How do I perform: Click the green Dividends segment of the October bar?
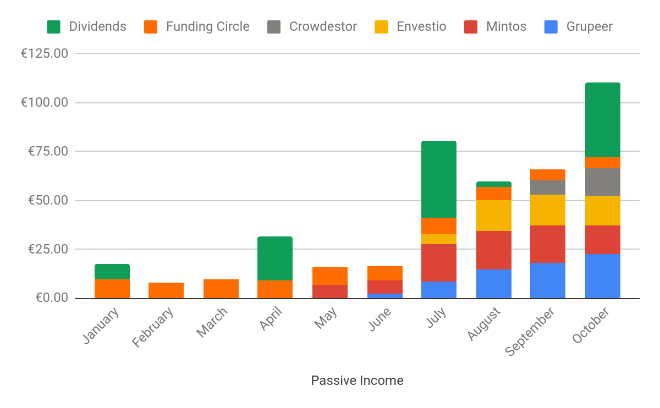click(603, 120)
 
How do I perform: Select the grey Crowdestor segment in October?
click(603, 181)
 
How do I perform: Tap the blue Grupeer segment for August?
click(494, 284)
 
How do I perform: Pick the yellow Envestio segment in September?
click(548, 210)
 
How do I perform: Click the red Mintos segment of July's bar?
click(439, 263)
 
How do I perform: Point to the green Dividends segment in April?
click(275, 258)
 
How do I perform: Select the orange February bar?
click(166, 290)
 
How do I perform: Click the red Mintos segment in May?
click(330, 291)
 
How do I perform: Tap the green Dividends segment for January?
click(112, 272)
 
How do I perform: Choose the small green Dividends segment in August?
click(494, 184)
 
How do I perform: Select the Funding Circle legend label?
click(207, 26)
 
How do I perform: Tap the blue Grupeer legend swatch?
click(551, 26)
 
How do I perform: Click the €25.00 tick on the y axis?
click(47, 249)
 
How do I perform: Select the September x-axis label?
click(530, 332)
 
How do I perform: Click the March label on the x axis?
click(211, 323)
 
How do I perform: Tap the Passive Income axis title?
click(357, 381)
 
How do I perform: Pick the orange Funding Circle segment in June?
click(385, 273)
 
